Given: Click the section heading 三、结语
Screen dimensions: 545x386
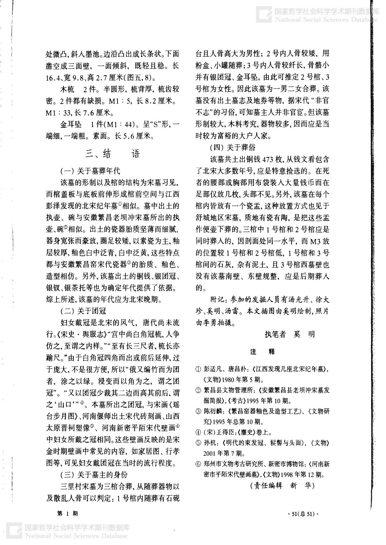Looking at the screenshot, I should point(113,154).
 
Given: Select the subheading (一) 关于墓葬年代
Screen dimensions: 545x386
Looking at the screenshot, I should point(90,170).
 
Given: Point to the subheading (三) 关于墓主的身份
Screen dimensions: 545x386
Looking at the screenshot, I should point(94,475).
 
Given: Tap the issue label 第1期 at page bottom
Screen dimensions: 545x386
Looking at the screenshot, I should point(67,513).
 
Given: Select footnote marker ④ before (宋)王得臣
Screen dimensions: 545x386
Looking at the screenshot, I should point(198,432).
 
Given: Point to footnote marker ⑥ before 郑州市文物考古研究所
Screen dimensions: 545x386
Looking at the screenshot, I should point(198,464).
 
